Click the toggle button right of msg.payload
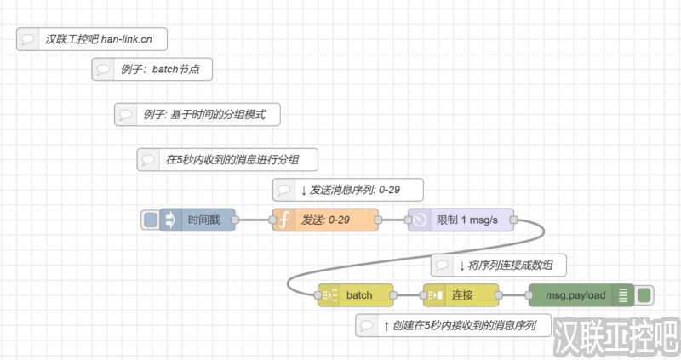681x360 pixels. tap(644, 295)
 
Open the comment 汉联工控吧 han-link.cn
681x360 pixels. tap(91, 39)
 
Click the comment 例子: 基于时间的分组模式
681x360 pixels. tap(197, 114)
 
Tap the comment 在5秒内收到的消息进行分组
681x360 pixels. tap(228, 159)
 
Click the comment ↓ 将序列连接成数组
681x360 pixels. tap(497, 266)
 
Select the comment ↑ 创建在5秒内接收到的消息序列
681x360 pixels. tap(453, 325)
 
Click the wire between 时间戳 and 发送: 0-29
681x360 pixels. tap(254, 220)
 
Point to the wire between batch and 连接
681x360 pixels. tap(409, 295)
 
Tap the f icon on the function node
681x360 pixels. tap(284, 220)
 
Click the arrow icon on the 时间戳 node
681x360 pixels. tap(169, 220)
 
